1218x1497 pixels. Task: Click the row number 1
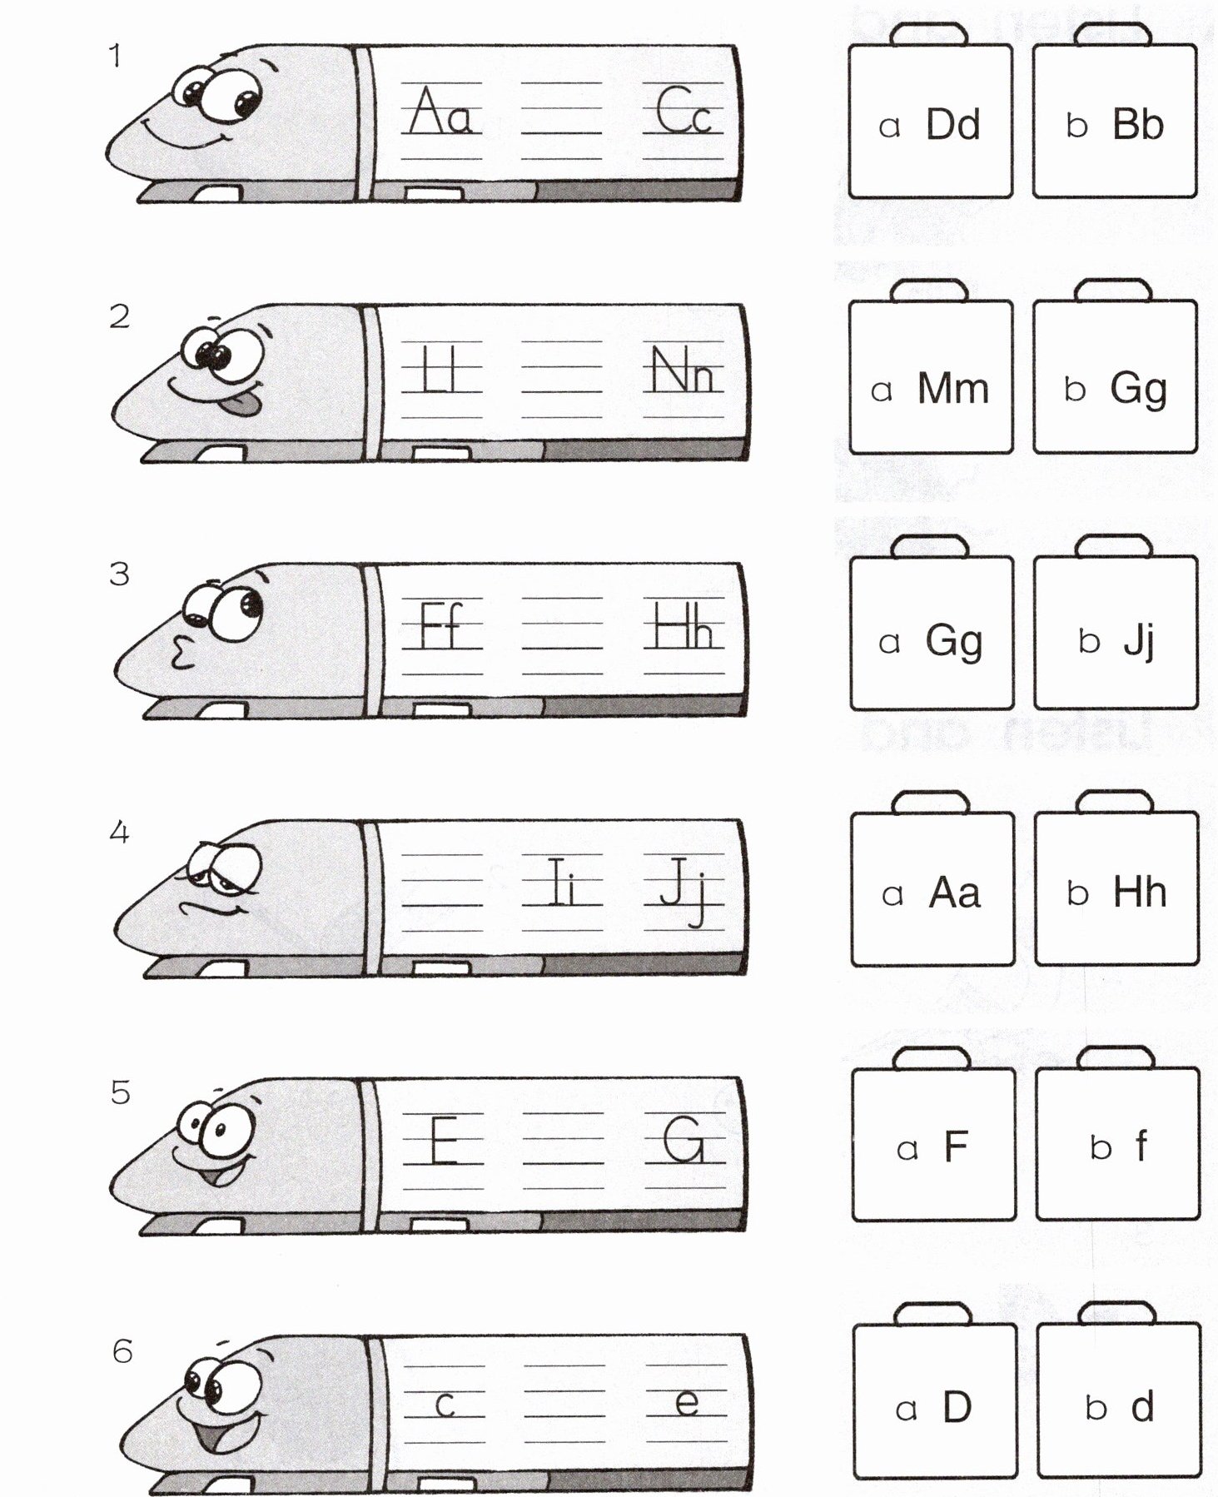pos(115,57)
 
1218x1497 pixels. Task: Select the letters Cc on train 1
pos(684,112)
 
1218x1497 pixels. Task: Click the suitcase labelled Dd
pos(930,122)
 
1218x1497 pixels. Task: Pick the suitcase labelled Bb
pos(1115,122)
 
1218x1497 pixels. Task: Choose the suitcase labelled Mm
pos(931,379)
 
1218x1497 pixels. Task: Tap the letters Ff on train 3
pos(440,626)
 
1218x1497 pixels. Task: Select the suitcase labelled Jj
pos(1116,635)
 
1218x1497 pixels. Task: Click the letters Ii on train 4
pos(562,883)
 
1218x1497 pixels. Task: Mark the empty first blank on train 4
pos(442,891)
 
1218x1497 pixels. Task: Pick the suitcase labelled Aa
pos(932,890)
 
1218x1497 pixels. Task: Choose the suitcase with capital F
pos(933,1146)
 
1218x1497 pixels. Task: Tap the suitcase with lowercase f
pos(1118,1146)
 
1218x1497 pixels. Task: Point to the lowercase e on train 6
pos(687,1403)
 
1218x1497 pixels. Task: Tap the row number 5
pos(121,1092)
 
